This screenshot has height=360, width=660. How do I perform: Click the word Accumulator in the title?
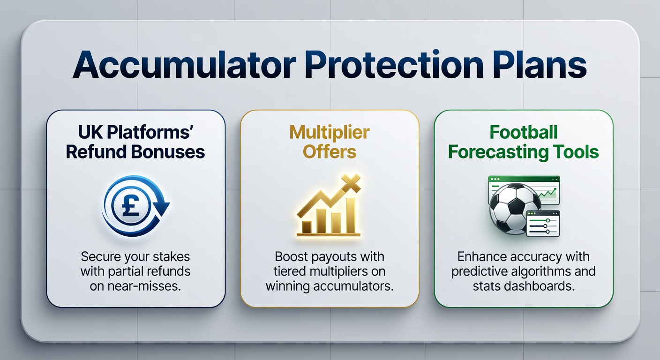pyautogui.click(x=184, y=64)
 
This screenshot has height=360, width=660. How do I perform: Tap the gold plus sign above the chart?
pyautogui.click(x=351, y=183)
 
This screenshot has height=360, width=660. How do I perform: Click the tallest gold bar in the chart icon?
pyautogui.click(x=351, y=216)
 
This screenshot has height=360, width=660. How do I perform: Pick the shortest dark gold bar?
pyautogui.click(x=307, y=227)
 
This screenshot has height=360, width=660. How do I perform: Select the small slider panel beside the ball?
pyautogui.click(x=543, y=224)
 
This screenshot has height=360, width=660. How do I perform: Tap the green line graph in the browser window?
pyautogui.click(x=547, y=193)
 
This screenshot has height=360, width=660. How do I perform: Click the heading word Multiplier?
pyautogui.click(x=330, y=133)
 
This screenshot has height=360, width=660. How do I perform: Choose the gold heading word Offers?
pyautogui.click(x=330, y=152)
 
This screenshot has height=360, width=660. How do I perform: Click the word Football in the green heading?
pyautogui.click(x=524, y=132)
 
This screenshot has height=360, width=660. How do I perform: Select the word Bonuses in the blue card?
pyautogui.click(x=168, y=152)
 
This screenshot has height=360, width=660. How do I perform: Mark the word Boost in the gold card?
pyautogui.click(x=291, y=256)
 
